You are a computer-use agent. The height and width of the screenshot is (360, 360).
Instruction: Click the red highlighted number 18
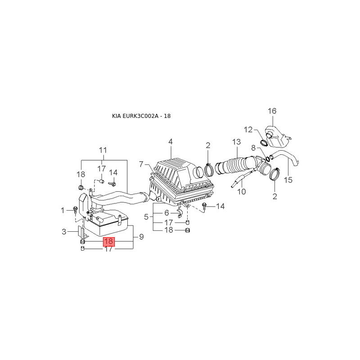pos(108,242)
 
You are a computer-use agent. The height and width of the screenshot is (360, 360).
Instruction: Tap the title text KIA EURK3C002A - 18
pos(141,116)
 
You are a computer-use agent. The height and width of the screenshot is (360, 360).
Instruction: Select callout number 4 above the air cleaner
pos(171,142)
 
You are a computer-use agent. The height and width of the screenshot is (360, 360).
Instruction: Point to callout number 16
pos(272,111)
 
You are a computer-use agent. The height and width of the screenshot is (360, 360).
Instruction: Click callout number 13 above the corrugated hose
pos(237,142)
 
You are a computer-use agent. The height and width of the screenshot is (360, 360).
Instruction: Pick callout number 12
pos(248,130)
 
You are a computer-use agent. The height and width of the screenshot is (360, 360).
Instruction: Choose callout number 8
pos(253,148)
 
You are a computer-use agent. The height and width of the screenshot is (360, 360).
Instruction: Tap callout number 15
pos(288,180)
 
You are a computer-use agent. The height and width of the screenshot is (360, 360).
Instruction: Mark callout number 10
pos(241,191)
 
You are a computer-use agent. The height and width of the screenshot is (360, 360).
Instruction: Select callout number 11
pos(103,150)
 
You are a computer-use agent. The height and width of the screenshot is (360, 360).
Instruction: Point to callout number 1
pos(63,210)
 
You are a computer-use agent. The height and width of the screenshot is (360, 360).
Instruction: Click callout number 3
pos(64,232)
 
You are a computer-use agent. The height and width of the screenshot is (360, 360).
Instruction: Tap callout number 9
pos(141,236)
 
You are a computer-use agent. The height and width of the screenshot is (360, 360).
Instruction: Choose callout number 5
pos(146,217)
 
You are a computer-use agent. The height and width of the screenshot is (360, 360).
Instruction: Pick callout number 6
pos(166,213)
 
